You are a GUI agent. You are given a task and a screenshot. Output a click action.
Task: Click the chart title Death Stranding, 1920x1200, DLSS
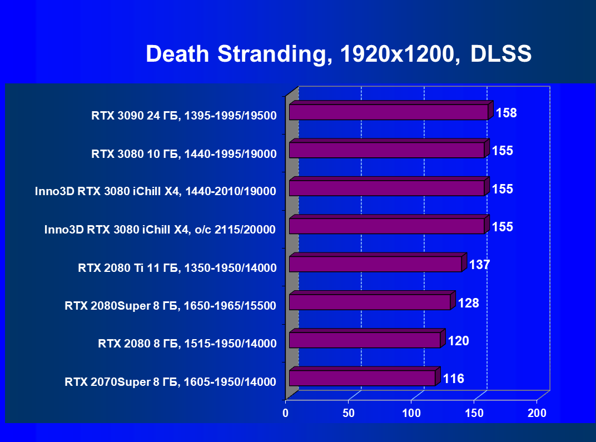tap(339, 54)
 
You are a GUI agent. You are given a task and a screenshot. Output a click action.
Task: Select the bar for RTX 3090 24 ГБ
tap(389, 112)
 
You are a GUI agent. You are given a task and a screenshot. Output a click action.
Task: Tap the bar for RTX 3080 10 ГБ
tap(387, 150)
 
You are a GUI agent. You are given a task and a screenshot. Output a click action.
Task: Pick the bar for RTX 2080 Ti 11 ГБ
tap(375, 264)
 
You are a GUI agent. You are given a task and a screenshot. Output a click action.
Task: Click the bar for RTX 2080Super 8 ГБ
tap(370, 302)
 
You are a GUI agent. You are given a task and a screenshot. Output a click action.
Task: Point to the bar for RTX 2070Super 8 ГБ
tap(362, 378)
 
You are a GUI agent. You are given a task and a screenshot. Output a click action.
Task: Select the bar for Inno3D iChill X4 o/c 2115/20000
tap(387, 226)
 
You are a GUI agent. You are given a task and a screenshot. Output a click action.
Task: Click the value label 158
tap(506, 113)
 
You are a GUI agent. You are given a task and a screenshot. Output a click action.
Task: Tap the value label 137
tap(479, 265)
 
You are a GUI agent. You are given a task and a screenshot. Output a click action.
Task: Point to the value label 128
tap(468, 303)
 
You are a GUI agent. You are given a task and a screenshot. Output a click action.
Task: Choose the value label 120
tap(458, 341)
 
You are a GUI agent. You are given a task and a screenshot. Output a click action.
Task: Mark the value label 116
tap(454, 379)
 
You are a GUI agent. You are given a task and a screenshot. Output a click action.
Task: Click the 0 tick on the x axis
tap(286, 413)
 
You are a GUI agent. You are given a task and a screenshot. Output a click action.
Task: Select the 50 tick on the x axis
tap(349, 413)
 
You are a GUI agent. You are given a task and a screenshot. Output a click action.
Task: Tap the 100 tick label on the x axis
tap(411, 413)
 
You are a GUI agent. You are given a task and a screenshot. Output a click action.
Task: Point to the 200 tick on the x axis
tap(537, 413)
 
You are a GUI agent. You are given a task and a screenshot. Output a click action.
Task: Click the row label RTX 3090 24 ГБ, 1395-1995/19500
tap(184, 117)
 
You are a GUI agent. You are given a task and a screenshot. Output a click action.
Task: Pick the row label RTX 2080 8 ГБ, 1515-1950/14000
tap(187, 344)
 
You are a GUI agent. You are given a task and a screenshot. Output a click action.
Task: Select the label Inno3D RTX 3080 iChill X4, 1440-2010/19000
tap(155, 192)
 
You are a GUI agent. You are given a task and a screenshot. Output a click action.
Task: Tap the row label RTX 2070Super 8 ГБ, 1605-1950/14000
tap(170, 382)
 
